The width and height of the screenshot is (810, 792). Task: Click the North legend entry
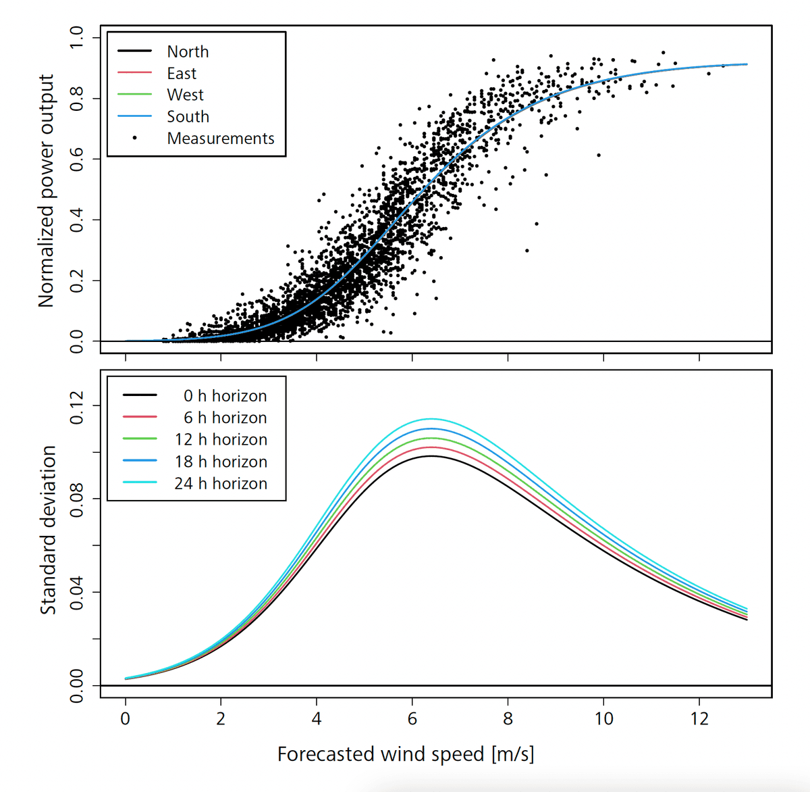tap(188, 51)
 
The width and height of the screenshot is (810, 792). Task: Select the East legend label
tap(182, 73)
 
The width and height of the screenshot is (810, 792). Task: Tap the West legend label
tap(185, 95)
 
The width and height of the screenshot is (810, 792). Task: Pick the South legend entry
tap(188, 116)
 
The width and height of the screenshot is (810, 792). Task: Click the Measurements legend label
tap(221, 138)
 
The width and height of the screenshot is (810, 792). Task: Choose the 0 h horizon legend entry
tap(225, 395)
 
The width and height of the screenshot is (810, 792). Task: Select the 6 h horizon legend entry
tap(225, 418)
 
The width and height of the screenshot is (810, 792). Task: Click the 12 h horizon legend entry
tap(221, 439)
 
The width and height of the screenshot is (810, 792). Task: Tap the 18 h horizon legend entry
tap(221, 462)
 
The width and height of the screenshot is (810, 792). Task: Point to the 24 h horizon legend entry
tap(221, 483)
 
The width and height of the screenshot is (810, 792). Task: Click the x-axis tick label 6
tap(412, 718)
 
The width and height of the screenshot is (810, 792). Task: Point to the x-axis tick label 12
tap(699, 718)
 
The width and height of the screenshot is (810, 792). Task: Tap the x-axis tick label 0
tap(125, 718)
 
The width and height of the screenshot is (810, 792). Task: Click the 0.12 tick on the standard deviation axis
tap(76, 406)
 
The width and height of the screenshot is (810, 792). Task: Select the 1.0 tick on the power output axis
tap(76, 36)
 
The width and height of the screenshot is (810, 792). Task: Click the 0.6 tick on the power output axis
tap(76, 159)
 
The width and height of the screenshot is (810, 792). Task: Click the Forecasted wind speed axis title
tap(406, 754)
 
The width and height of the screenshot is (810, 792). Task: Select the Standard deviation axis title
tap(48, 530)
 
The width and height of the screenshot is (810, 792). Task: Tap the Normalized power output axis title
tap(46, 191)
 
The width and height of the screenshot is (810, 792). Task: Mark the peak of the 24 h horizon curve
tap(431, 419)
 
